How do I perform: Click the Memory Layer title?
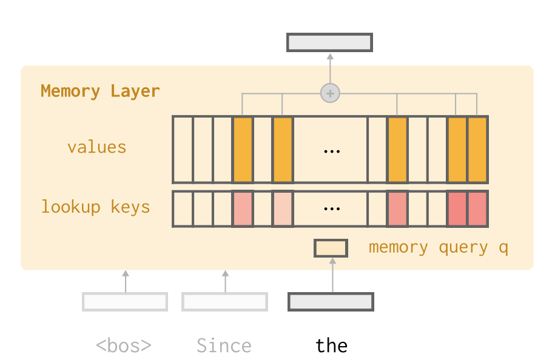pos(100,92)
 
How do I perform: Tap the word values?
pos(96,147)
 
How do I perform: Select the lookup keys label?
pos(95,207)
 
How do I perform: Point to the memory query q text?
pos(438,248)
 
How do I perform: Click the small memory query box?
pos(331,248)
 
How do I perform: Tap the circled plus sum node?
pos(330,93)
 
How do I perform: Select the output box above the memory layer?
pos(329,42)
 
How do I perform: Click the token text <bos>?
pos(124,346)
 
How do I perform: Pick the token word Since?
pos(224,346)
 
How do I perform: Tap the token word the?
pos(331,346)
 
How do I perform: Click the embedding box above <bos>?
pos(125,301)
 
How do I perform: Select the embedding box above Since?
pos(224,301)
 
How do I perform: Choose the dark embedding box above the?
pos(331,301)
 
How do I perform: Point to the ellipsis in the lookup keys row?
pos(331,209)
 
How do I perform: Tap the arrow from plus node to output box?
pos(330,68)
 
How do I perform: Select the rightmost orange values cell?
pos(477,149)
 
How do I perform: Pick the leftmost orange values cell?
pos(243,149)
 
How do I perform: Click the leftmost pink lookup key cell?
pos(243,209)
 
